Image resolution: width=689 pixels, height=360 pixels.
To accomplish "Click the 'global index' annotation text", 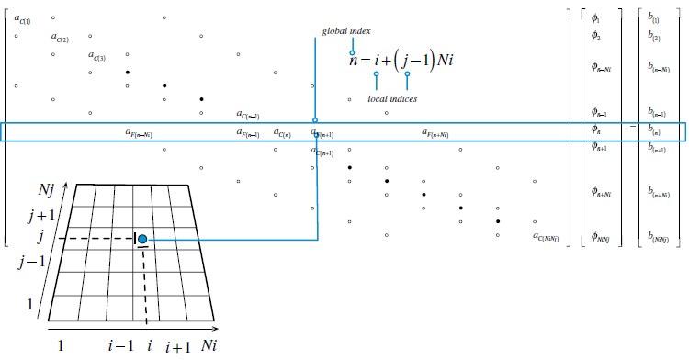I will tap(345, 31).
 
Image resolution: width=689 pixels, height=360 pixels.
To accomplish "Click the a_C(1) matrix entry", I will tap(22, 17).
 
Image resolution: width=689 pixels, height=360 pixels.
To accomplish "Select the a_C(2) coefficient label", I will tap(61, 38).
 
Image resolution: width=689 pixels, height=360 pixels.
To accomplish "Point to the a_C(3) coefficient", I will tap(97, 56).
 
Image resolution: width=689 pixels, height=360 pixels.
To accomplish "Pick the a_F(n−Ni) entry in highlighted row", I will tap(139, 133).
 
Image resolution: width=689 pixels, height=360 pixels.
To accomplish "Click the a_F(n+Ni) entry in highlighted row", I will tap(435, 133).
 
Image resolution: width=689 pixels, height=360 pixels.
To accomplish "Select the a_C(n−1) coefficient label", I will tap(248, 115).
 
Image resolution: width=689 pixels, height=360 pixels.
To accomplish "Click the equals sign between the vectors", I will tap(632, 132).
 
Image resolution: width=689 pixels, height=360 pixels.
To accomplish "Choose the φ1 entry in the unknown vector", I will tap(596, 17).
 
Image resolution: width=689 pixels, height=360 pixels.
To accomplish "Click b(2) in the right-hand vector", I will tap(653, 37).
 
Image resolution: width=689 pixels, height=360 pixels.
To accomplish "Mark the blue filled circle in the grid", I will tap(142, 239).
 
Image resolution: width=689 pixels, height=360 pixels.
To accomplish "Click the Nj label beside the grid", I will tap(46, 191).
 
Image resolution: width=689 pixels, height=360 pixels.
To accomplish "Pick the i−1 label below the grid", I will tap(119, 345).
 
